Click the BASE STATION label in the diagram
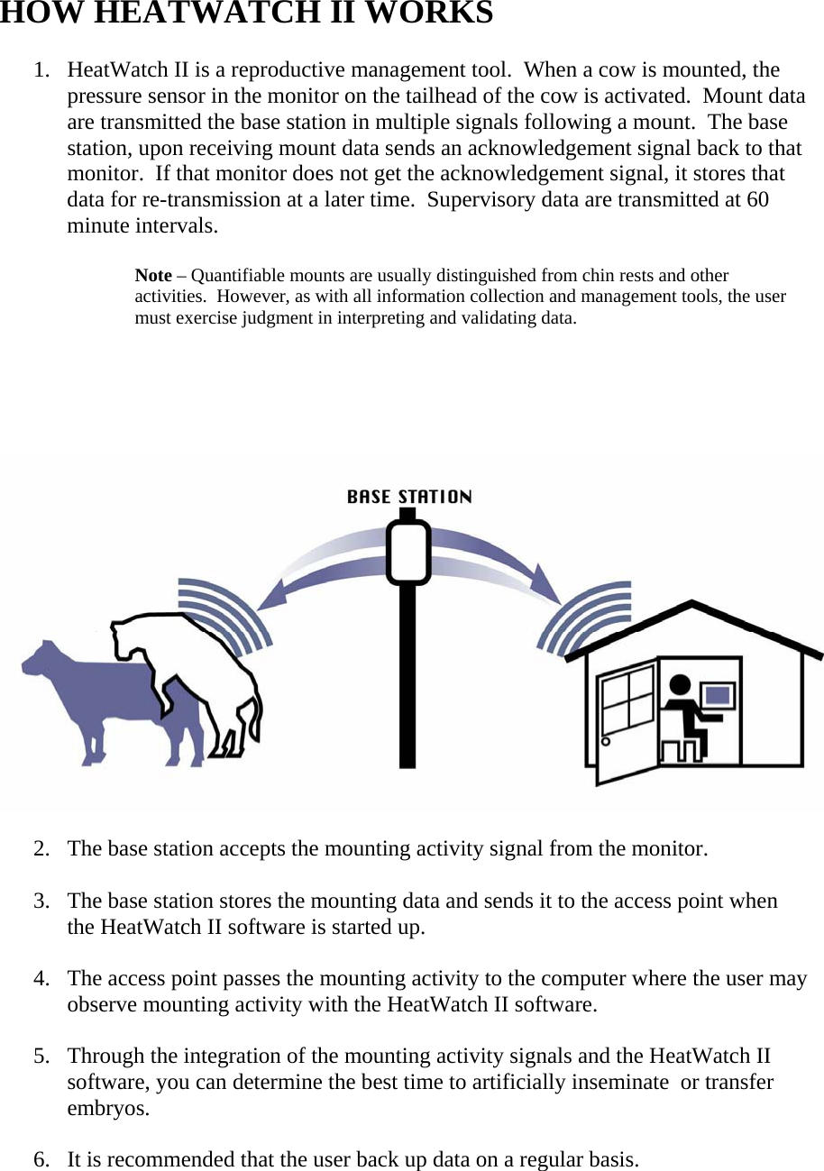409,497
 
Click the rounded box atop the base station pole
407,551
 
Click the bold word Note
153,276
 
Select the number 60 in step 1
757,200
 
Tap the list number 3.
41,901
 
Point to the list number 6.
41,1159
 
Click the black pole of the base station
407,676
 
